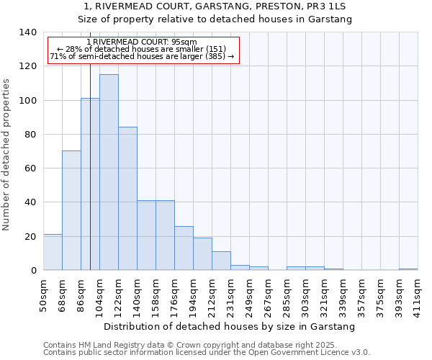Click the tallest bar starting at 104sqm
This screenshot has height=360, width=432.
click(x=109, y=173)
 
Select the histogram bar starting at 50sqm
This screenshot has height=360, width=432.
click(x=53, y=252)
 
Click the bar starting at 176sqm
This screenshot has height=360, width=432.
click(x=184, y=248)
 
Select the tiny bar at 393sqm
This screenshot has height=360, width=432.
click(x=408, y=269)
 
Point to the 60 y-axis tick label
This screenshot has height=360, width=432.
click(x=30, y=168)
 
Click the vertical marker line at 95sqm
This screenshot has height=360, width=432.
click(x=90, y=180)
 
